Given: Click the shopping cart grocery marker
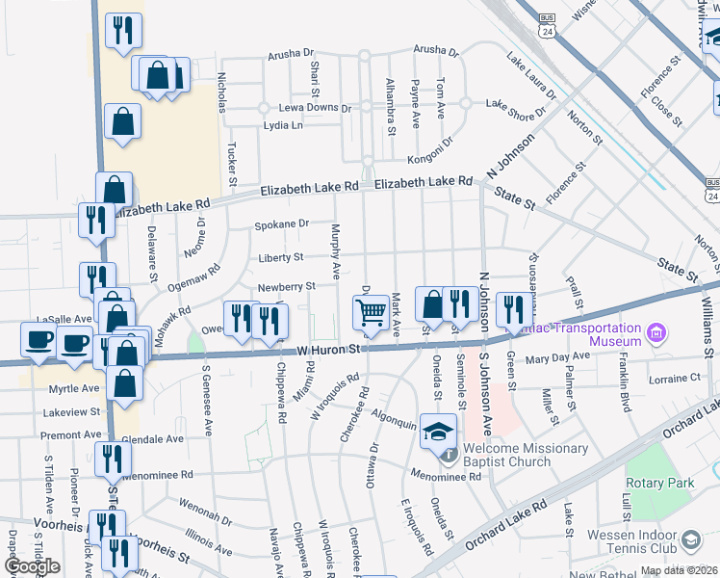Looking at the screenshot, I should coord(371,311).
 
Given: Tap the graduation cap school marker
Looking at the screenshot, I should coord(438,430).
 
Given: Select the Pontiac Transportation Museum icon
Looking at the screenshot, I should coord(657,333).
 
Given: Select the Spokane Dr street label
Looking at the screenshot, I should coord(281,224).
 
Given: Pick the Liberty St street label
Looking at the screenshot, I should coord(280,257).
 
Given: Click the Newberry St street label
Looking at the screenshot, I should coord(286,286).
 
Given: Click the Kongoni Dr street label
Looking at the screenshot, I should coord(428,149).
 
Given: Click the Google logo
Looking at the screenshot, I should coord(31,565).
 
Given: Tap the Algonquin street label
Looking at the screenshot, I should coord(395,421).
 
